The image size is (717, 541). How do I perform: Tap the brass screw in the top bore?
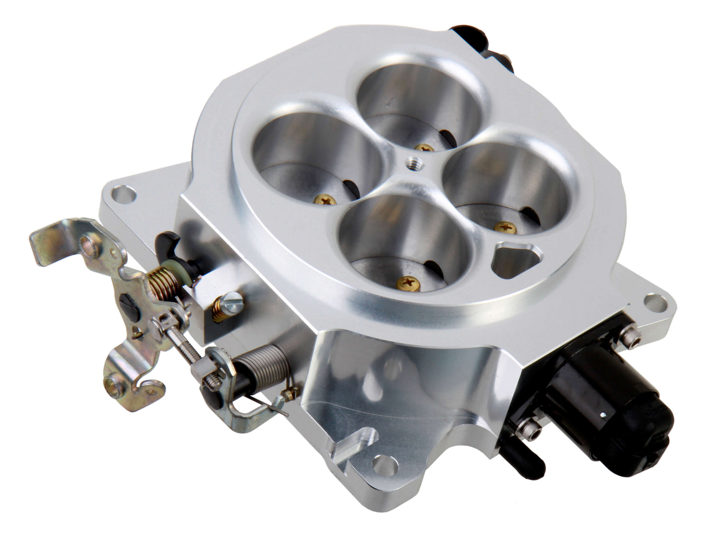(424, 148)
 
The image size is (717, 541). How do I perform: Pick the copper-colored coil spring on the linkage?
(163, 284)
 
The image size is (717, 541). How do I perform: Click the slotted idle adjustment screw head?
(233, 300)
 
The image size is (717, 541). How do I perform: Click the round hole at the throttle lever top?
(90, 244)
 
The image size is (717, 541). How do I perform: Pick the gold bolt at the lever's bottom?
(112, 384)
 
